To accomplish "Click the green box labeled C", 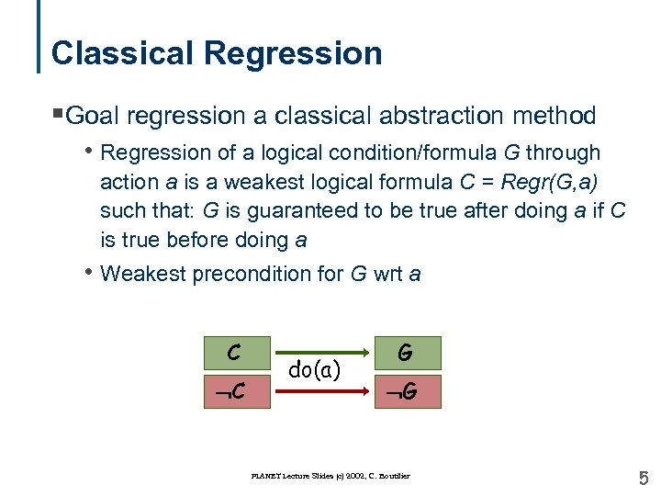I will click(x=236, y=353).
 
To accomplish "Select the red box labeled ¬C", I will click(x=236, y=390).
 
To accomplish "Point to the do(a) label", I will click(x=314, y=370).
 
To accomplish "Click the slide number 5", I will click(x=643, y=478).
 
